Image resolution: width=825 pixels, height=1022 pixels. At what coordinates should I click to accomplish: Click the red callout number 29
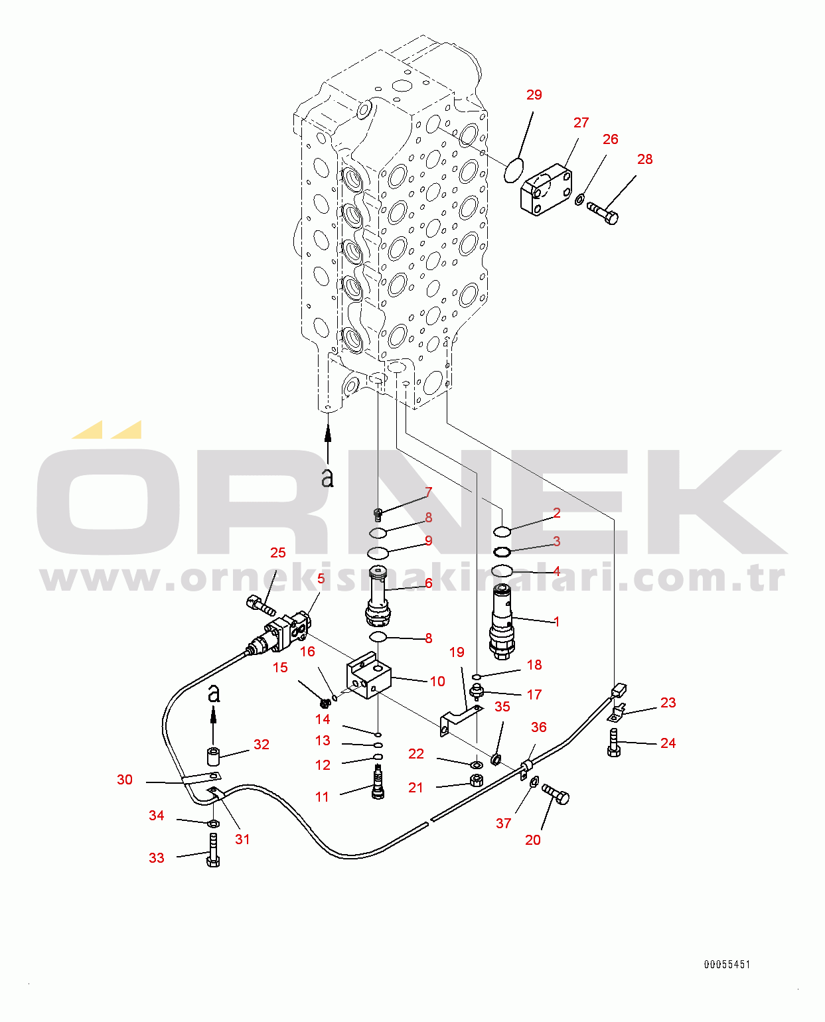click(x=534, y=95)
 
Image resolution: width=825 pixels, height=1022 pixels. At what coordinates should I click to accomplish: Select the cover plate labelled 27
click(x=546, y=189)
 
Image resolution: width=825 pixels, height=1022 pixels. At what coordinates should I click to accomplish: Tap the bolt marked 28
click(x=602, y=213)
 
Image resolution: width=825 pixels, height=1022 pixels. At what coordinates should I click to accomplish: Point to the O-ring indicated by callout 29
click(x=514, y=171)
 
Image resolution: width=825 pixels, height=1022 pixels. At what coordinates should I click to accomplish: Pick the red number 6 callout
click(x=429, y=583)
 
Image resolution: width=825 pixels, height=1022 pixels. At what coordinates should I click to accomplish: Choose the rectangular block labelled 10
click(x=368, y=675)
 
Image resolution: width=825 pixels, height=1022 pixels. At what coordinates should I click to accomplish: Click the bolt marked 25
click(x=261, y=605)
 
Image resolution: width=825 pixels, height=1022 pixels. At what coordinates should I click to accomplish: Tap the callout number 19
click(x=457, y=652)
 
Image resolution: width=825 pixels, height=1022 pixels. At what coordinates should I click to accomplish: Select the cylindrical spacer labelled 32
click(x=213, y=756)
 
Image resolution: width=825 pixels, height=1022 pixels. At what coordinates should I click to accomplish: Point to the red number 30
click(x=125, y=779)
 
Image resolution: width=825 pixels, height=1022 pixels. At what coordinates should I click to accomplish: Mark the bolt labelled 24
click(x=614, y=742)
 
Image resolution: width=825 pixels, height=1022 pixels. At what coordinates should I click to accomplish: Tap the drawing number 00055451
click(x=727, y=964)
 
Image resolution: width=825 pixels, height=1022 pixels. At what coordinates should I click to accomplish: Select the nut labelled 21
click(x=475, y=780)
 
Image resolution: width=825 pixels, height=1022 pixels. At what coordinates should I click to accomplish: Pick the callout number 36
click(x=538, y=727)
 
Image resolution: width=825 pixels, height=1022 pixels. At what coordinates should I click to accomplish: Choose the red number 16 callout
click(x=308, y=651)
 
